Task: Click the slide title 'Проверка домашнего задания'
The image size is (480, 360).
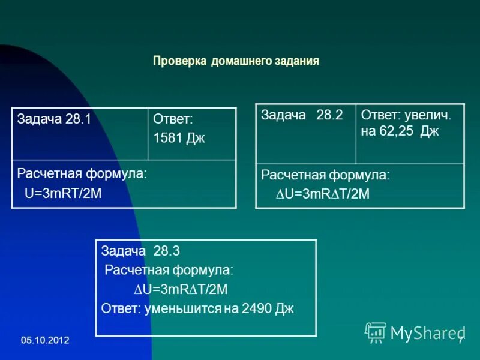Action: [236, 61]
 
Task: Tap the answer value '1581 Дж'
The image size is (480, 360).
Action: [179, 138]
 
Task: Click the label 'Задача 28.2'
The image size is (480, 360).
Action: [302, 115]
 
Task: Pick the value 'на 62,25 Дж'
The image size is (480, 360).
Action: [400, 132]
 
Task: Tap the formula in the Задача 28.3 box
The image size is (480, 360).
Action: [181, 289]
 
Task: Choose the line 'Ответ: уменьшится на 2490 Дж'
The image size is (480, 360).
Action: [198, 308]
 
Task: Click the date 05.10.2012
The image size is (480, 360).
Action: [45, 340]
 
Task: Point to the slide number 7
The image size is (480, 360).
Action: [460, 341]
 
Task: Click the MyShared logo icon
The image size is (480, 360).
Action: [376, 332]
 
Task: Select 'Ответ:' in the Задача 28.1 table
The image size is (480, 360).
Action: [173, 119]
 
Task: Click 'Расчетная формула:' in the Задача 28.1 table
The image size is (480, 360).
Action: [82, 174]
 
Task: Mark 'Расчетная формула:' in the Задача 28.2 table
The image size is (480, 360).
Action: [325, 175]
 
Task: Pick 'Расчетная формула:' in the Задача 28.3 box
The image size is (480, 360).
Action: [169, 270]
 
